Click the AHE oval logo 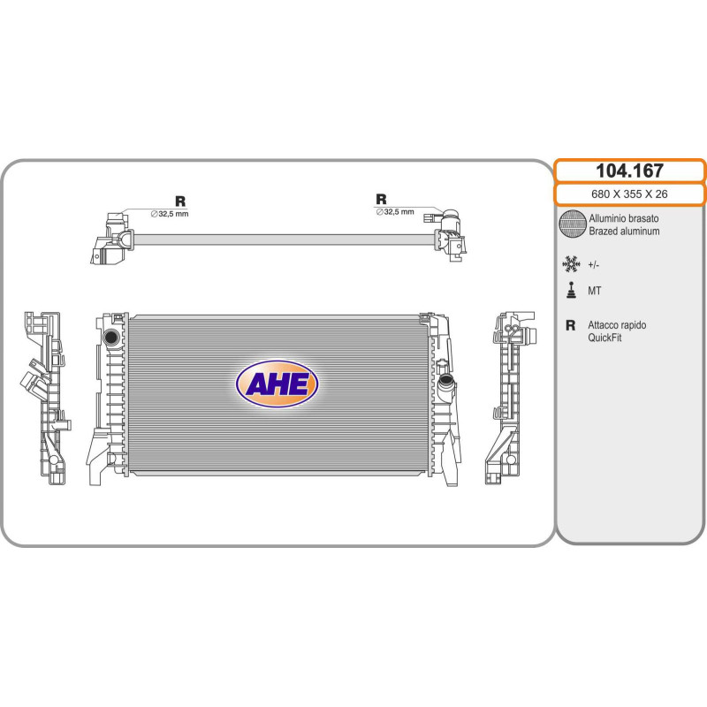tap(277, 384)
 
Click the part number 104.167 tap(629, 171)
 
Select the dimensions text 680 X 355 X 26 tap(629, 194)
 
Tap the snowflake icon tap(571, 264)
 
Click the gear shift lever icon tap(571, 291)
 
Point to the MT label tap(594, 292)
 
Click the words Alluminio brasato tap(624, 218)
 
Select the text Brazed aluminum tap(624, 232)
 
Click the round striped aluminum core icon tap(573, 224)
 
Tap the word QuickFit tap(604, 338)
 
